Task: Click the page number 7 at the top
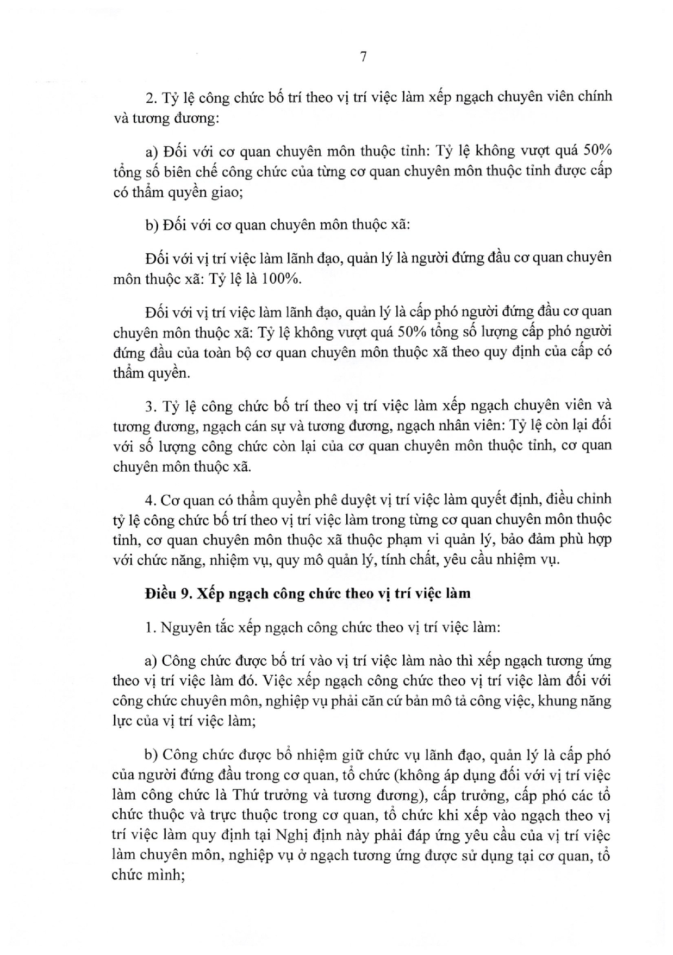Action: [x=364, y=57]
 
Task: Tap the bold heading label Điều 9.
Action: [x=166, y=593]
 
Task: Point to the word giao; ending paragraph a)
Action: [x=226, y=192]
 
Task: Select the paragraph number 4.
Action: [x=149, y=499]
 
